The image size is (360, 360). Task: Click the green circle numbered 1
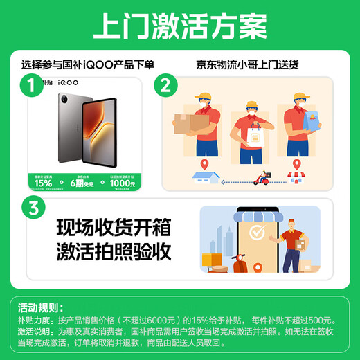tap(28, 87)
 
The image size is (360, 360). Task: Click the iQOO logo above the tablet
tap(66, 82)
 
